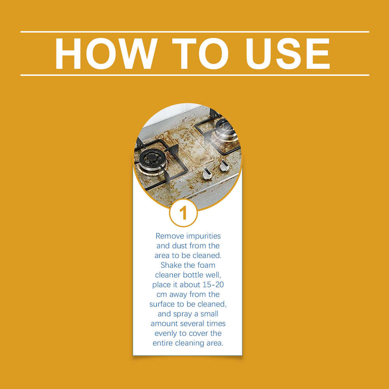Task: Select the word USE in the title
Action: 287,53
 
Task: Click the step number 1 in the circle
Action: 183,213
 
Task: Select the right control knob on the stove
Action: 224,166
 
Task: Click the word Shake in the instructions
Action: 172,265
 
